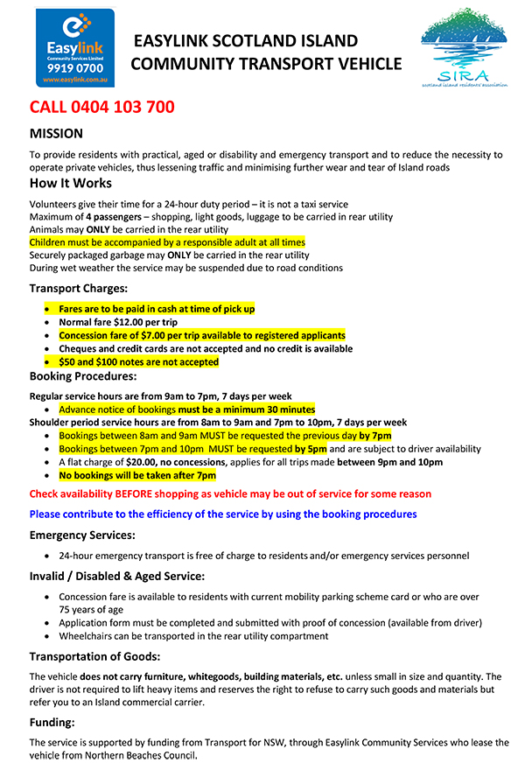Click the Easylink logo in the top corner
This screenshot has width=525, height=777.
click(x=74, y=48)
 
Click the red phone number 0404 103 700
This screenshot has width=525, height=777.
click(x=102, y=108)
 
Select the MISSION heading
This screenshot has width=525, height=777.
click(x=56, y=134)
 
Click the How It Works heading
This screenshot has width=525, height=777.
click(x=71, y=183)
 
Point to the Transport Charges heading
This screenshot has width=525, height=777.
click(x=79, y=289)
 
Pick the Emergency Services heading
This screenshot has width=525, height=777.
click(x=82, y=535)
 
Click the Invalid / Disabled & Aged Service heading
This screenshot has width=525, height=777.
click(x=117, y=576)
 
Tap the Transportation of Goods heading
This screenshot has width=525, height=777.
click(x=98, y=656)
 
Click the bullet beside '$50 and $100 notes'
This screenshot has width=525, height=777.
click(x=47, y=361)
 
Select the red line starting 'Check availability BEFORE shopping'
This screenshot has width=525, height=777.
click(x=230, y=494)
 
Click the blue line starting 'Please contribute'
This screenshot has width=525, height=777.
click(x=223, y=514)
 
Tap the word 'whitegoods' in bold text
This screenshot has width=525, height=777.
click(x=197, y=676)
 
